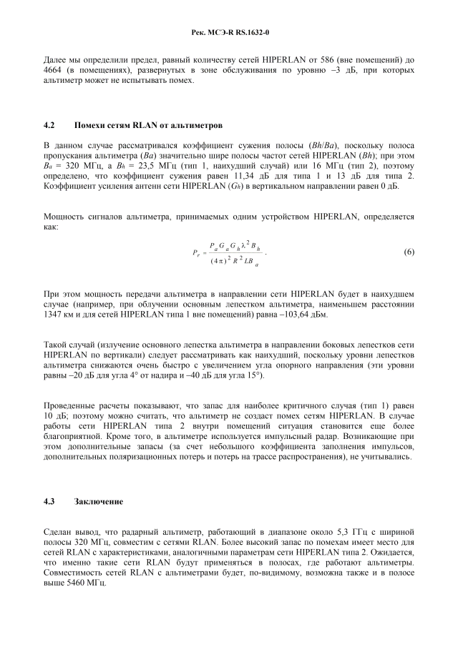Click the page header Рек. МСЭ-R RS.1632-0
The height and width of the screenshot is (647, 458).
point(229,33)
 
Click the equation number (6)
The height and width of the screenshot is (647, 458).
point(409,252)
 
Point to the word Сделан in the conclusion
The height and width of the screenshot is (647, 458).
point(59,533)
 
